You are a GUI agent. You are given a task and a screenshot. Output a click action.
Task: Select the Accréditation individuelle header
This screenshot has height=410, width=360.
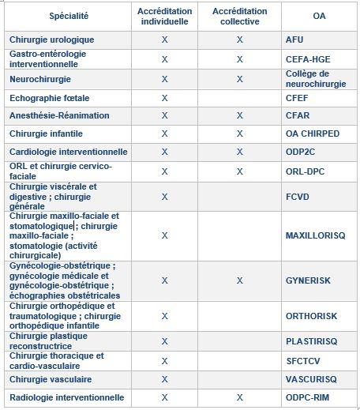click(165, 15)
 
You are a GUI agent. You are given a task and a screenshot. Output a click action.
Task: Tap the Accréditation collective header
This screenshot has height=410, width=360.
click(239, 15)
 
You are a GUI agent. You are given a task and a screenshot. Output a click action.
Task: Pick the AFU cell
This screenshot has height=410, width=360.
click(294, 39)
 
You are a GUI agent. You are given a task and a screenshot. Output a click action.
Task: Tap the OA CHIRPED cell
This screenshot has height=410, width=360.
click(313, 134)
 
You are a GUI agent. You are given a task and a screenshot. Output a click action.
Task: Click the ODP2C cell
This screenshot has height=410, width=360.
click(301, 152)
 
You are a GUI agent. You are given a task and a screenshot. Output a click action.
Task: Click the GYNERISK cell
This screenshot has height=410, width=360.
click(308, 280)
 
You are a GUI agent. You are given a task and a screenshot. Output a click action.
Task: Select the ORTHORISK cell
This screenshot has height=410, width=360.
click(311, 316)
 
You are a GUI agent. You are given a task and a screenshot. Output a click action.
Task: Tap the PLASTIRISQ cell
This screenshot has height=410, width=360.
click(312, 341)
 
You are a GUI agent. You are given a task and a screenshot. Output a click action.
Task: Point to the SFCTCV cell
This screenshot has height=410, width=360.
click(304, 360)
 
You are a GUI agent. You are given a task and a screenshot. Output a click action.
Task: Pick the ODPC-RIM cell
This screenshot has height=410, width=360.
click(309, 397)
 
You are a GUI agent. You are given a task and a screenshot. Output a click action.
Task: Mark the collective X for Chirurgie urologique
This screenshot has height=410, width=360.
click(239, 39)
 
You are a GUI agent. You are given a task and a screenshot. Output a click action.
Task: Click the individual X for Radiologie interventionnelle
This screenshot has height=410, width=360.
click(165, 397)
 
